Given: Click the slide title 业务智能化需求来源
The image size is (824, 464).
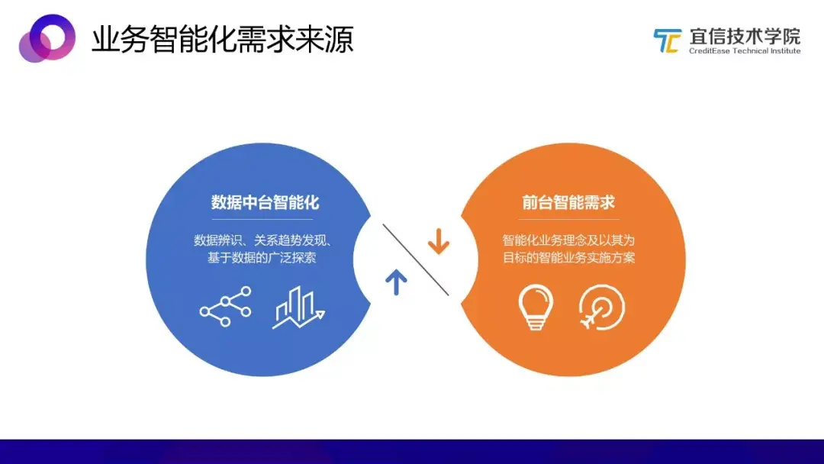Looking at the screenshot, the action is pos(222,40).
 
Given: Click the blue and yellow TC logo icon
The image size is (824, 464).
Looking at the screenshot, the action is pos(668,41).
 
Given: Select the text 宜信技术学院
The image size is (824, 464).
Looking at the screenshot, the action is pos(745,37).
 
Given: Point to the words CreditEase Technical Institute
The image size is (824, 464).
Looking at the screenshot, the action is pos(745,51).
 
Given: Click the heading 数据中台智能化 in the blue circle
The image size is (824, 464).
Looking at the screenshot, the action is pos(265,202).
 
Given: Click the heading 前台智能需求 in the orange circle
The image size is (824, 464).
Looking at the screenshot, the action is pos(568,202).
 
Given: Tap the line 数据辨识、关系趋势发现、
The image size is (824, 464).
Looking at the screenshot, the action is pos(262,240).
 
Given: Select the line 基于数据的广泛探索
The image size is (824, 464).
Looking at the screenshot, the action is pos(262,257).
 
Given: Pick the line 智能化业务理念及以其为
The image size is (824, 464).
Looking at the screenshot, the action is pos(568,240).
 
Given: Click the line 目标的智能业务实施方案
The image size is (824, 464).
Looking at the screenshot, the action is pos(568,257).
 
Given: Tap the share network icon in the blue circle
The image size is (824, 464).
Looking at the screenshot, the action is pos(225,306).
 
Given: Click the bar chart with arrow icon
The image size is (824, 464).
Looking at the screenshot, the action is pos(298,308).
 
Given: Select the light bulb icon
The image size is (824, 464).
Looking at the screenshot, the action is pos(536,307).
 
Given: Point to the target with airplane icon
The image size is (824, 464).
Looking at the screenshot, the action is pos(601,308).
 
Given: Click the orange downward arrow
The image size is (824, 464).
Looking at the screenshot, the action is pos(438,242).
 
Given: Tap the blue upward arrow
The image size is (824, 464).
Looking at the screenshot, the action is pos(396,282).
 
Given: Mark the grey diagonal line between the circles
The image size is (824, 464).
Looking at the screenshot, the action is pos(416,259).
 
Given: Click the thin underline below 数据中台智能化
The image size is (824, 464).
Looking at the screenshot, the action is pos(262,219).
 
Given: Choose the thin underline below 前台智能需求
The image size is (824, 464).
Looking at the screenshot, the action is pos(568,219).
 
